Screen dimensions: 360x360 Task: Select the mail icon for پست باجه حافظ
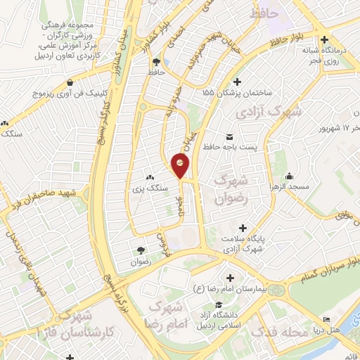point(229,136)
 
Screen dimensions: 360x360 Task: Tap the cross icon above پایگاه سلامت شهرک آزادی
point(243,228)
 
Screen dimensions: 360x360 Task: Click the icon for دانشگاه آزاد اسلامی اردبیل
point(219,304)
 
